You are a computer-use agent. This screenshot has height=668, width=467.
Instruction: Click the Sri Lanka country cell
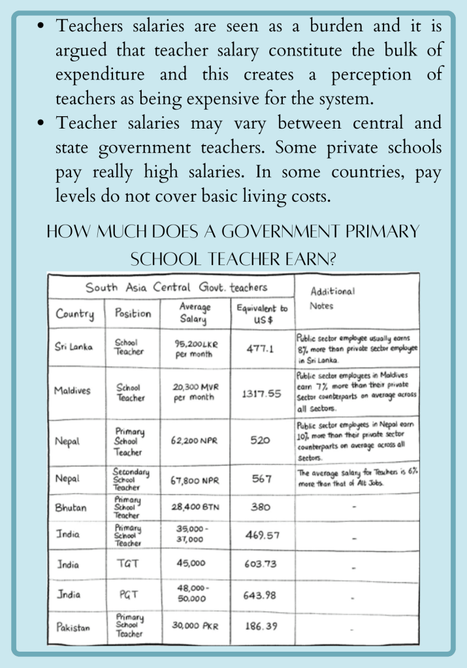point(73,347)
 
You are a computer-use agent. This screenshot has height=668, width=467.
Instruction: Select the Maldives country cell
point(72,391)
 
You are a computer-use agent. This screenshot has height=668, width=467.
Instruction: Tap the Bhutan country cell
point(71,506)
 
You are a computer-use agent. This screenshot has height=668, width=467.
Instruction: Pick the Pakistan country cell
point(72,627)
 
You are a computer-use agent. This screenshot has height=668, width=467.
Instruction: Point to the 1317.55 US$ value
point(260,394)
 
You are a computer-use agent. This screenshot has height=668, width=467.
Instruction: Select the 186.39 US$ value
point(260,626)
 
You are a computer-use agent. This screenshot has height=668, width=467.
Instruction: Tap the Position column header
point(133,313)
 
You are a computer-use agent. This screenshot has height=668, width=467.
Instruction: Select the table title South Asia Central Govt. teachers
point(176,287)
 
